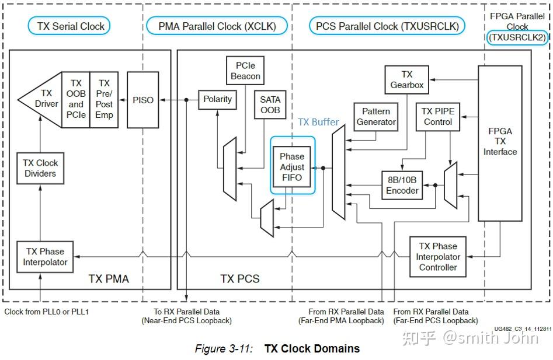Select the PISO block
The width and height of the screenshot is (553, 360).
coord(143,100)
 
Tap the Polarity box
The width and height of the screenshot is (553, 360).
coord(217,100)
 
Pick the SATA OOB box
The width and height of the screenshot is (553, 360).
coord(270,105)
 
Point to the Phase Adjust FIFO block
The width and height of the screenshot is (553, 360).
coord(292,166)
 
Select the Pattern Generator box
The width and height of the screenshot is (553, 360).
coord(376,117)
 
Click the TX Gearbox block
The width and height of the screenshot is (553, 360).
coord(407,80)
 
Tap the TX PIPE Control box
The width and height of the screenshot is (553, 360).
coord(438,117)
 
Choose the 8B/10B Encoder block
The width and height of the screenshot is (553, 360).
coord(402,185)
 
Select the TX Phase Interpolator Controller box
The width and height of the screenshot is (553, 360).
coord(438,257)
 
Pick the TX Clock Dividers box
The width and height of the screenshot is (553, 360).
coord(40,168)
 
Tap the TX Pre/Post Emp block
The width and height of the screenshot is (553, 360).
coord(104,100)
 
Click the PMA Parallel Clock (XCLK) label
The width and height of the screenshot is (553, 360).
coord(217,26)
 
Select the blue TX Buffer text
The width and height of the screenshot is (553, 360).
coord(318,122)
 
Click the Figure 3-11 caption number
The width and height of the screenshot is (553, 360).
coord(224,349)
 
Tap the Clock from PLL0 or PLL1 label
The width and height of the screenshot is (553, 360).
coord(46,312)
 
